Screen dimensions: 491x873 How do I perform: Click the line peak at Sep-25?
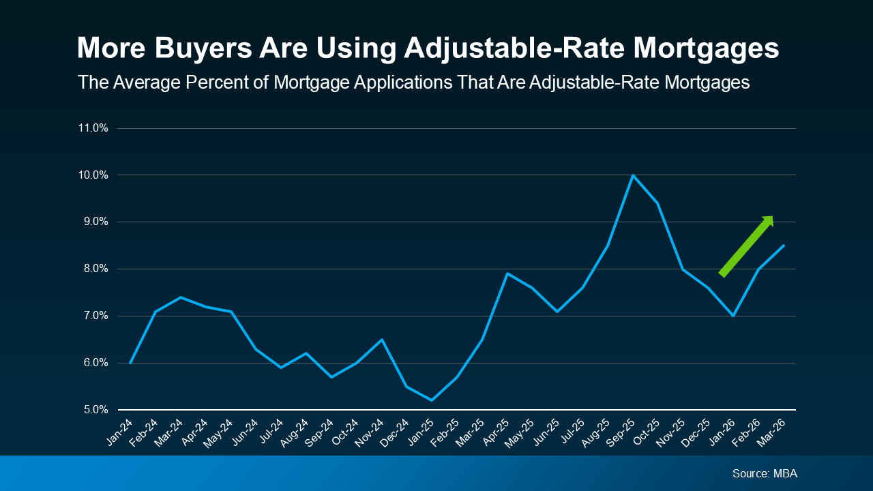coord(632,175)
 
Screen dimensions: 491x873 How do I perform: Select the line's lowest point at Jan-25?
coord(432,400)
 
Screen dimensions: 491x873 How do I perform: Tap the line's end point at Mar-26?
coord(783,245)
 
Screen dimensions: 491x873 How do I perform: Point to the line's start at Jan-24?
coord(130,363)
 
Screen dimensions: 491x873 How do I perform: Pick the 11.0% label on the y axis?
coord(93,128)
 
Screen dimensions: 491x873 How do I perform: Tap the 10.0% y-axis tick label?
coord(93,175)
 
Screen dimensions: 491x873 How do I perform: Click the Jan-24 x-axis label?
coord(121,432)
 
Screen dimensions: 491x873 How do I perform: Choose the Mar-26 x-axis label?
coord(773,432)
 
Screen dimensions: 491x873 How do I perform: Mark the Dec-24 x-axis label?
coord(396,432)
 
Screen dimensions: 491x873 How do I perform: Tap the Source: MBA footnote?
coord(765,473)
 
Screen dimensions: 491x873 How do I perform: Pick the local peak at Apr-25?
coord(507,273)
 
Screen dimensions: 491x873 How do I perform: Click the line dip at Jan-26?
coord(733,316)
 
